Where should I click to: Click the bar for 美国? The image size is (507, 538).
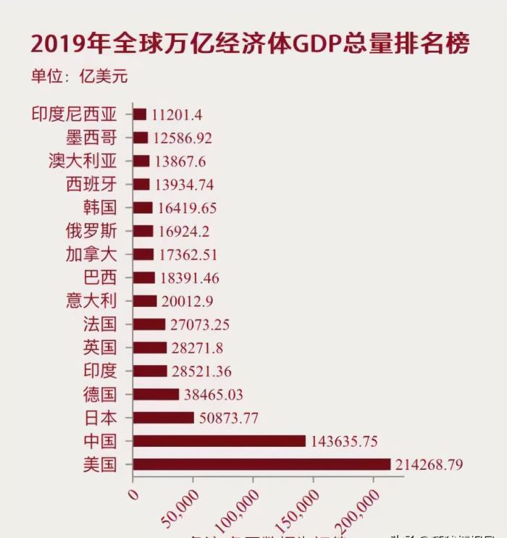(261, 464)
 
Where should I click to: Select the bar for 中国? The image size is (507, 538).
(219, 441)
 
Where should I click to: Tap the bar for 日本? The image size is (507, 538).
(164, 418)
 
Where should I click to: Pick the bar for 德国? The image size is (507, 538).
(156, 395)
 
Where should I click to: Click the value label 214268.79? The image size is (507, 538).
(429, 464)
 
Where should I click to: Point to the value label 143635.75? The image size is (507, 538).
(345, 441)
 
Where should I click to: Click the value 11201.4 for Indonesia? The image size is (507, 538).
(177, 114)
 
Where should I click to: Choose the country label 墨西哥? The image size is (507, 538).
(91, 138)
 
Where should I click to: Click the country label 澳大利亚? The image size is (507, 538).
(83, 161)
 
